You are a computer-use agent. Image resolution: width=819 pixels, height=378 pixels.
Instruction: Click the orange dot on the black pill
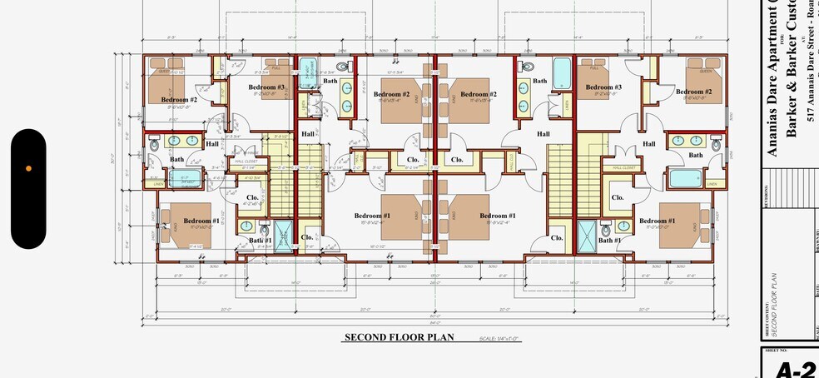(x=28, y=168)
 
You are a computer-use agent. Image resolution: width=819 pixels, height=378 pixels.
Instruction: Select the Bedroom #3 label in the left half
(x=266, y=87)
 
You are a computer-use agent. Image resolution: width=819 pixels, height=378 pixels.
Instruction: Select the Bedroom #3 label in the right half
(x=603, y=87)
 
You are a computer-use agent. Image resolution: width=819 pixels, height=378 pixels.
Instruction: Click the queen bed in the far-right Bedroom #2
(x=704, y=76)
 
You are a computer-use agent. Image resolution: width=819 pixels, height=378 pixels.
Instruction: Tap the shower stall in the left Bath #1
(x=284, y=234)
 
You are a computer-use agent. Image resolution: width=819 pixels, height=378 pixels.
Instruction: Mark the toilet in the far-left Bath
(x=155, y=147)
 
